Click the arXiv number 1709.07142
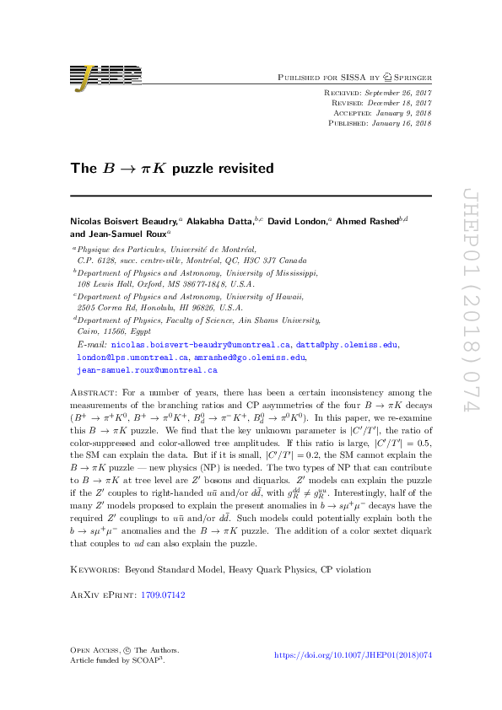(x=165, y=524)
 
